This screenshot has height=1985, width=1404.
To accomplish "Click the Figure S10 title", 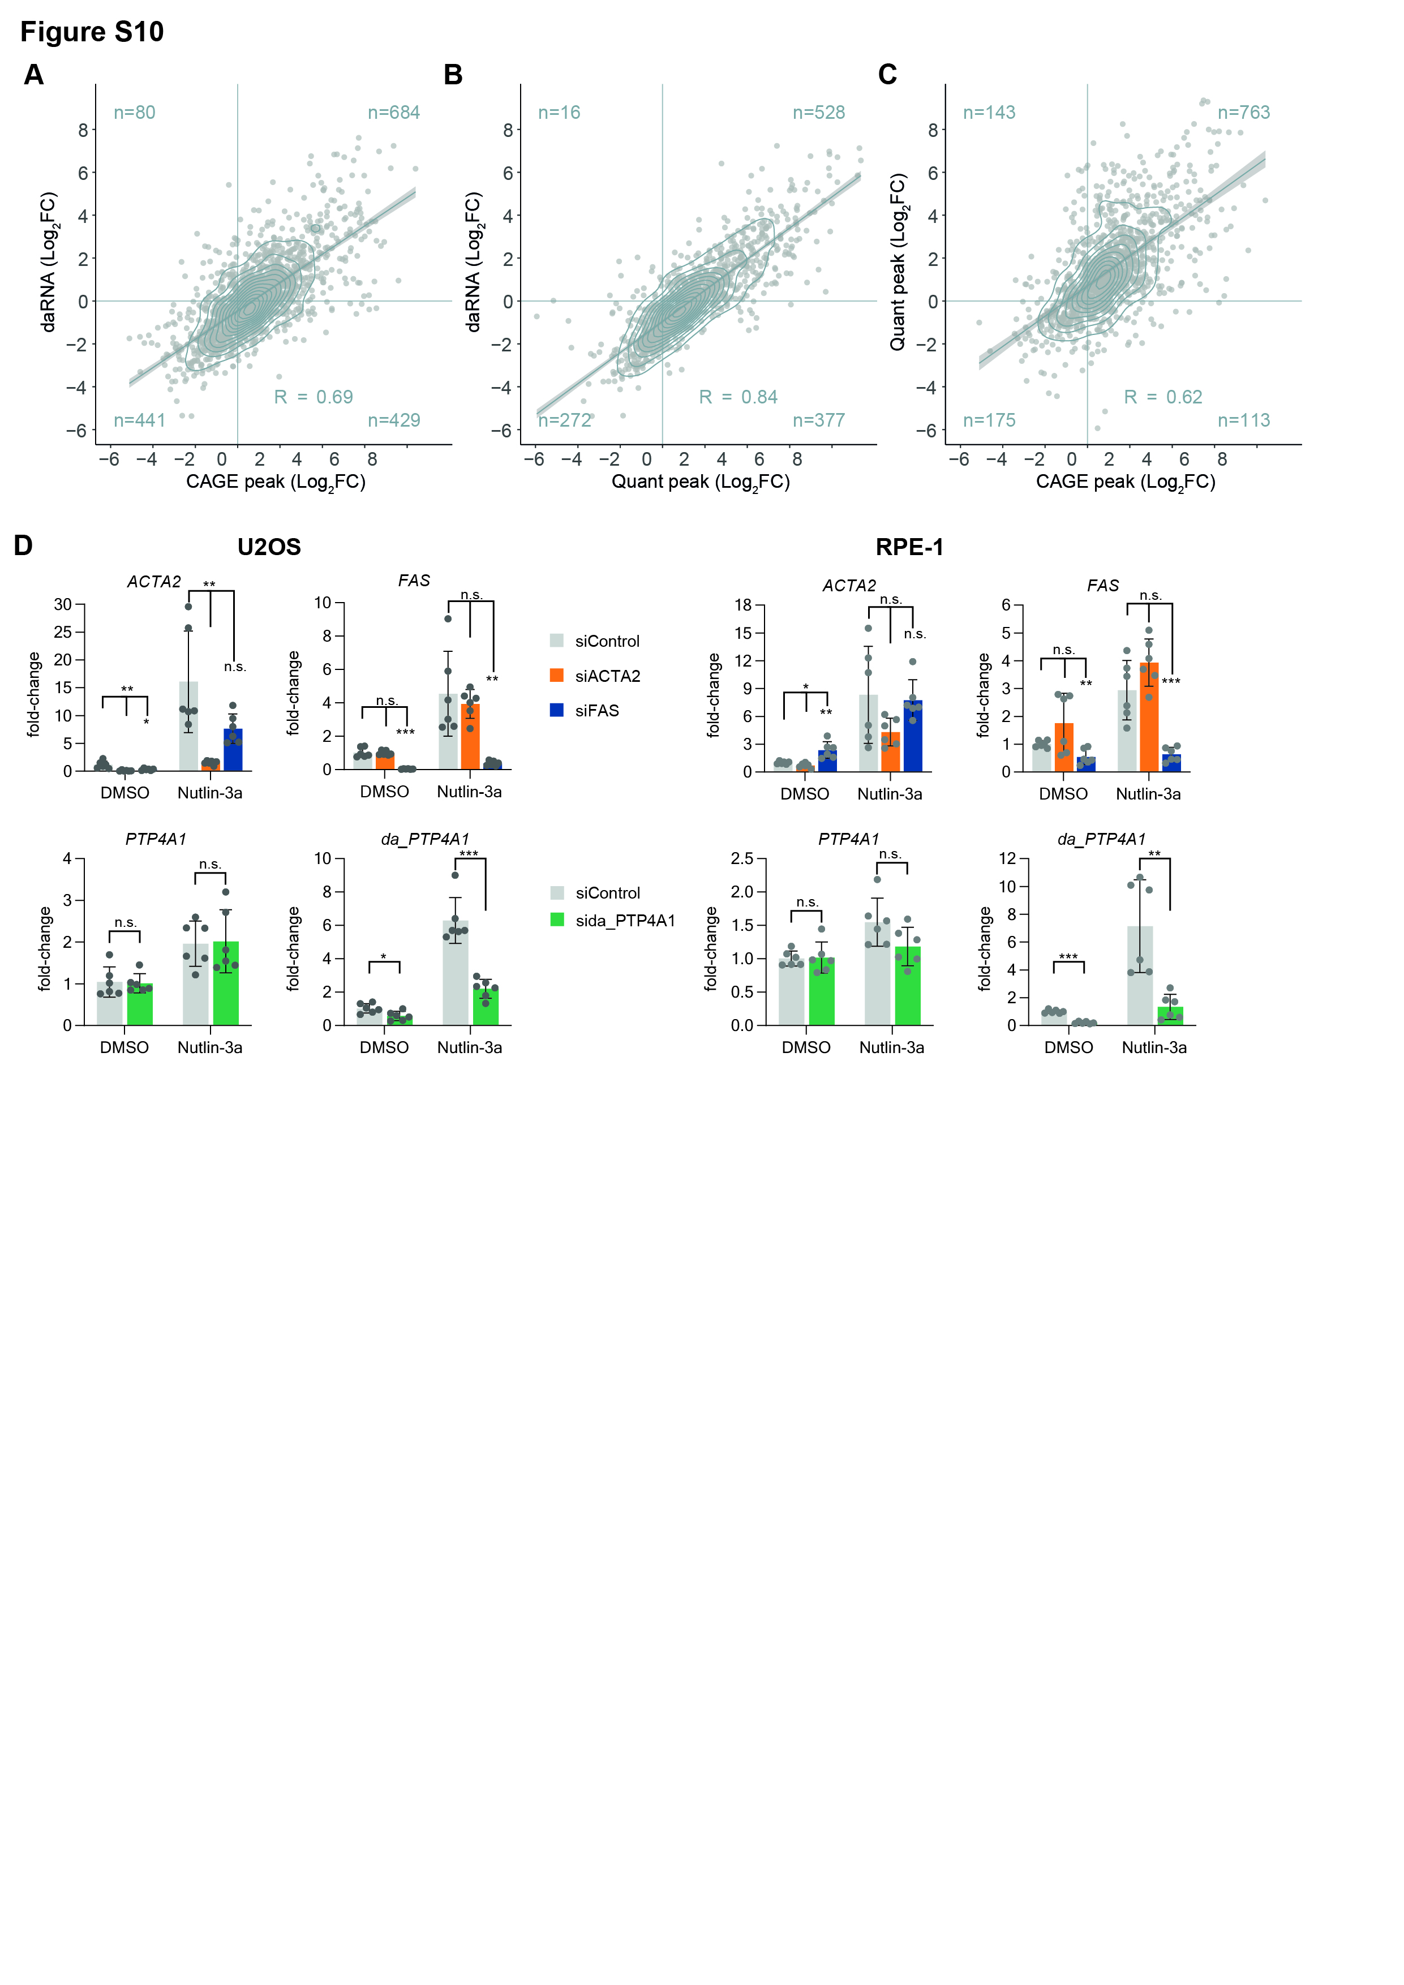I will click(x=92, y=32).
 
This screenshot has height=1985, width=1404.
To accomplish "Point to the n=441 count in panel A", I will click(x=139, y=420).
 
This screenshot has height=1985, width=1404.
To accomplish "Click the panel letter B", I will click(x=453, y=75).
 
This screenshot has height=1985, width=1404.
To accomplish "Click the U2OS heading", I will click(x=269, y=547).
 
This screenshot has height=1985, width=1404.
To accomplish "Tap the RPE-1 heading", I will click(x=909, y=547).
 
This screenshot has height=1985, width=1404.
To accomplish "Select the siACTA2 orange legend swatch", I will click(x=557, y=675).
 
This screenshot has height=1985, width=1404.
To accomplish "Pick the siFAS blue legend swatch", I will click(x=557, y=710).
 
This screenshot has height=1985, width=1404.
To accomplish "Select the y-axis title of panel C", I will click(x=898, y=262).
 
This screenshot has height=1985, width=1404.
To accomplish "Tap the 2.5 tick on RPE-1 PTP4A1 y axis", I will click(x=742, y=858).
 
